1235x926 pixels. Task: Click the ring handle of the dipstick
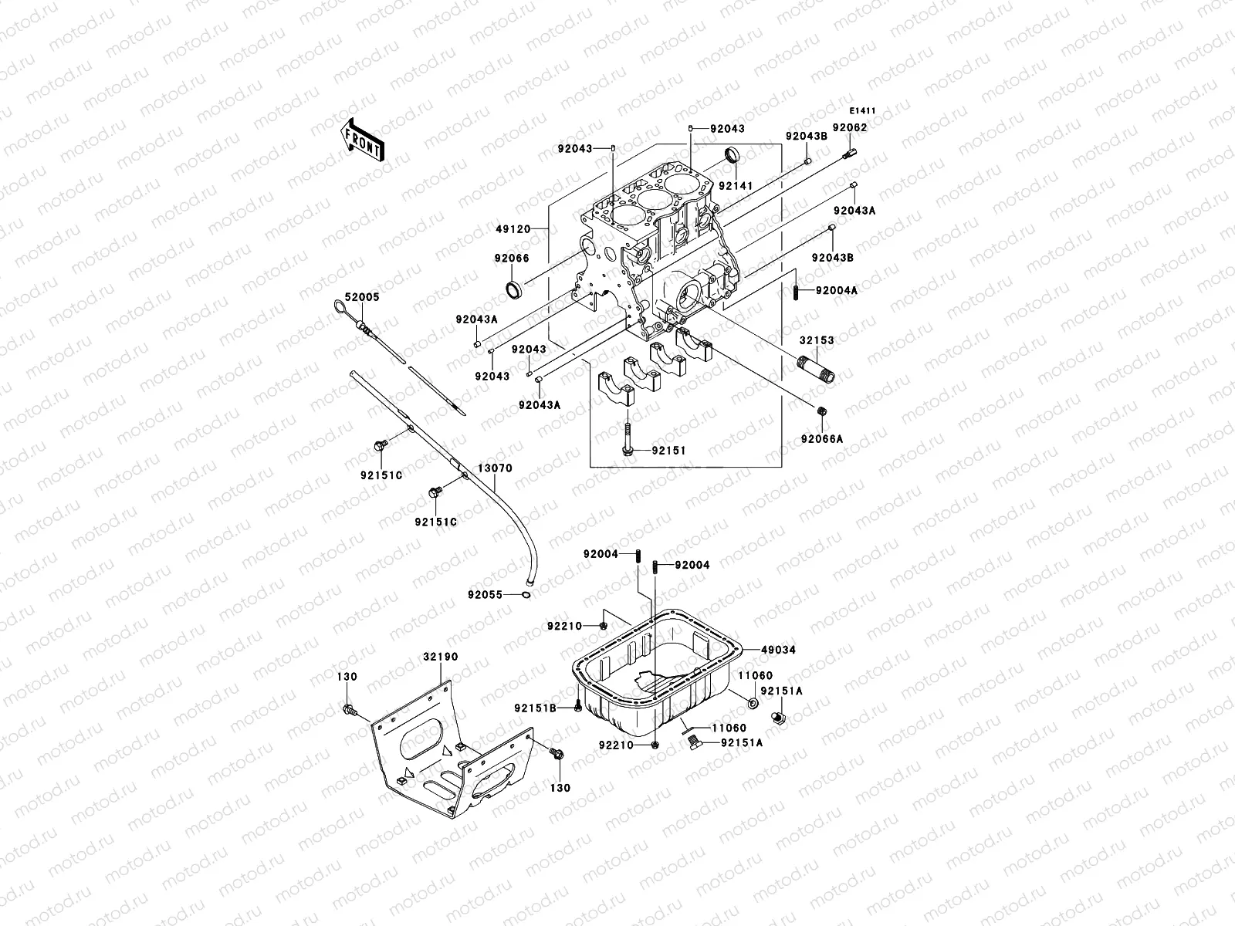340,309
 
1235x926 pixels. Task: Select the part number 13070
494,468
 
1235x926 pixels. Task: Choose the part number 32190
440,657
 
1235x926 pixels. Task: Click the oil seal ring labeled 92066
513,290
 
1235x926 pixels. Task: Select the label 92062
850,127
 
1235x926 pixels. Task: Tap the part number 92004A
837,290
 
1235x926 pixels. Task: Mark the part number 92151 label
668,450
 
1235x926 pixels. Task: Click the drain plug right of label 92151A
779,718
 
